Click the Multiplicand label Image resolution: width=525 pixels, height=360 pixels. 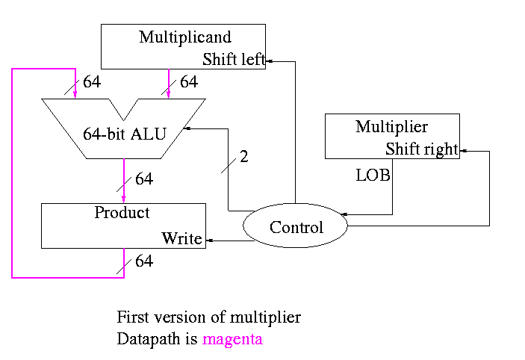pyautogui.click(x=185, y=37)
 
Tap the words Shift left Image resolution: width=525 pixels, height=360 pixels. pyautogui.click(x=234, y=60)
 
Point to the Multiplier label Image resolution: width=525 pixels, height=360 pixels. pyautogui.click(x=391, y=126)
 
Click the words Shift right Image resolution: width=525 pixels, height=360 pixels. pyautogui.click(x=421, y=149)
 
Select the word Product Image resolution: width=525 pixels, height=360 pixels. pyautogui.click(x=122, y=212)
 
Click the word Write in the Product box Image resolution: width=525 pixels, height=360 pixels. pyautogui.click(x=182, y=239)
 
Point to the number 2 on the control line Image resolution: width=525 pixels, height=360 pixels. pyautogui.click(x=243, y=157)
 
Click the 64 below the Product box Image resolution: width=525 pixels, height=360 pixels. pyautogui.click(x=144, y=261)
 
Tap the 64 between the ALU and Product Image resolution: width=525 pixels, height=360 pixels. pyautogui.click(x=144, y=179)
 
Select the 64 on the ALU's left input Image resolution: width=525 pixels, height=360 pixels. pyautogui.click(x=92, y=82)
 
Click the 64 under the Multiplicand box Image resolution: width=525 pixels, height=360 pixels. pyautogui.click(x=189, y=82)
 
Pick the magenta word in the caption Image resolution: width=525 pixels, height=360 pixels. pyautogui.click(x=232, y=340)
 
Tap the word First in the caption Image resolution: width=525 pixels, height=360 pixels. pyautogui.click(x=132, y=317)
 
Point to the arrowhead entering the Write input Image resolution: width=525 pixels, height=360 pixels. pyautogui.click(x=209, y=240)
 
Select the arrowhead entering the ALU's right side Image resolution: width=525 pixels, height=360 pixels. pyautogui.click(x=187, y=128)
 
